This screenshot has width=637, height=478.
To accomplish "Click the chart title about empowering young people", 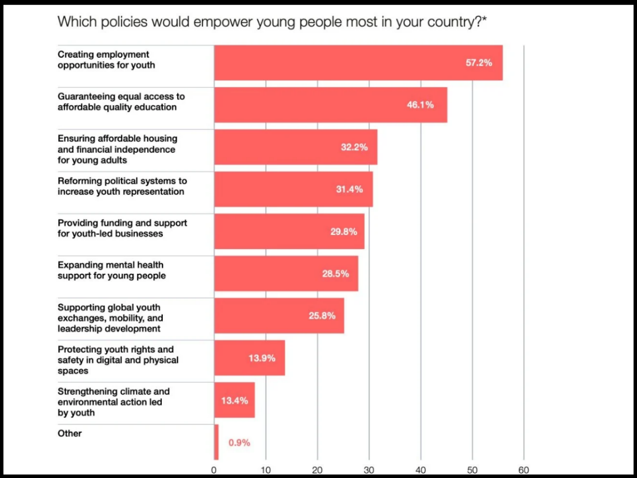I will [272, 22].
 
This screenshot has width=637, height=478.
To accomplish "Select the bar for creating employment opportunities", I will [358, 63].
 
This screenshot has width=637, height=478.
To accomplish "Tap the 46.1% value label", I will [420, 105].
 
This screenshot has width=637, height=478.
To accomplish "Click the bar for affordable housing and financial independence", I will [296, 147].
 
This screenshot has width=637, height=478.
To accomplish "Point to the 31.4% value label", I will [349, 190].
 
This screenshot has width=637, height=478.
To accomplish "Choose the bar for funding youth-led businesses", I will [289, 232].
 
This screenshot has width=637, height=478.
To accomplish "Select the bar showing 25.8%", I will [279, 316].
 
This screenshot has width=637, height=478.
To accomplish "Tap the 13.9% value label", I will [262, 358].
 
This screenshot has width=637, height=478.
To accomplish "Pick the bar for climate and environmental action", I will [234, 400].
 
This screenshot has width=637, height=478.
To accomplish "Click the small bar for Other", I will [216, 442].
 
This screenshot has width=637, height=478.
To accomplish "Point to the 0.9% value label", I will [239, 443].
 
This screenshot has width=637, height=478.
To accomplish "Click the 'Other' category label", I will [70, 434].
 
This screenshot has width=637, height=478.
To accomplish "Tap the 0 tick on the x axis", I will [214, 470].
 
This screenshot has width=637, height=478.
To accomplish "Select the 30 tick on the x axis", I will [369, 470].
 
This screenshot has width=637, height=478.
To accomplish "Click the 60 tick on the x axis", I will [524, 470].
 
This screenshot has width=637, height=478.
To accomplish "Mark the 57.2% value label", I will [479, 63].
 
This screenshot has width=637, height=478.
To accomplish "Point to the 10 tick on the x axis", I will [266, 470].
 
